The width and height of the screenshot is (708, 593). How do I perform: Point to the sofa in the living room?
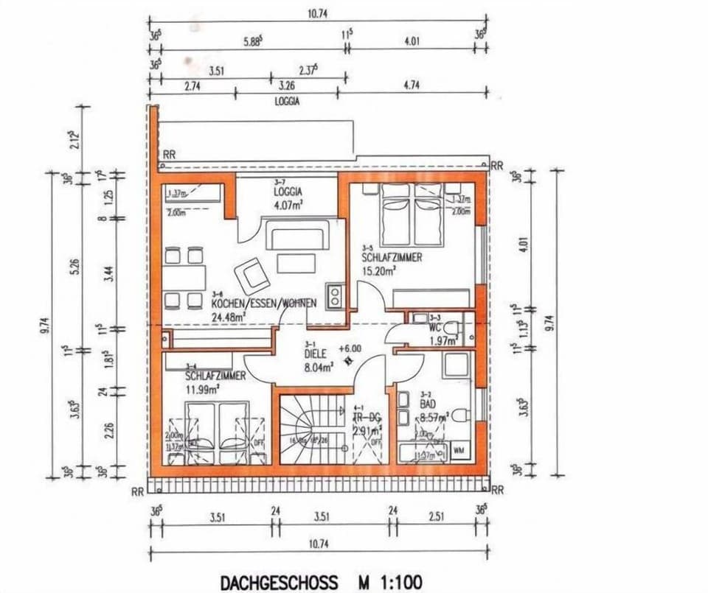[x=298, y=239]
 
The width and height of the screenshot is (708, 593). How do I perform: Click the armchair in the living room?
[x=251, y=275]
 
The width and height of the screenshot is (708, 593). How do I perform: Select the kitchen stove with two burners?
[x=335, y=295]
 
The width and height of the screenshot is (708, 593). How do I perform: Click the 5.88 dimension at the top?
[x=251, y=43]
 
